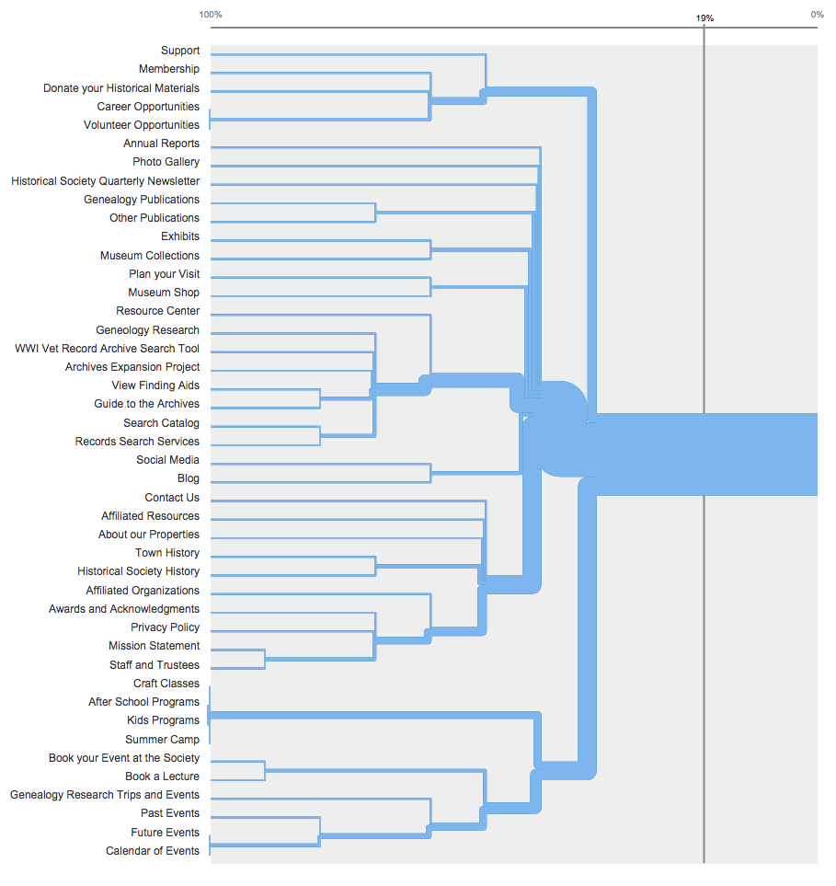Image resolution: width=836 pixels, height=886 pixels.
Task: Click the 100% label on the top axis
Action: (x=211, y=15)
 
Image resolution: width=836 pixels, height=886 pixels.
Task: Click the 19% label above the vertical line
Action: (x=704, y=18)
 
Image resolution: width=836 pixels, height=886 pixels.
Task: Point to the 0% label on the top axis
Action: (x=817, y=15)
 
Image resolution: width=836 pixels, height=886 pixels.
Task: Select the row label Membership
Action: (x=169, y=69)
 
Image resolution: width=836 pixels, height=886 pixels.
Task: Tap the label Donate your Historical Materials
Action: (x=121, y=88)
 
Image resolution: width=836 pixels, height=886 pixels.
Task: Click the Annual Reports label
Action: (x=162, y=144)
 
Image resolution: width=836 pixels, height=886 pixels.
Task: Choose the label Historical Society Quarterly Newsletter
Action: (x=106, y=181)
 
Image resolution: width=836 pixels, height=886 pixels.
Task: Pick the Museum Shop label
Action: (x=164, y=293)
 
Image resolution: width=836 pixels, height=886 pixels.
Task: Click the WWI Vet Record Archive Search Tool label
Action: (x=108, y=349)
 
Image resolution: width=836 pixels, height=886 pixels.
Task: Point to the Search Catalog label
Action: (x=162, y=423)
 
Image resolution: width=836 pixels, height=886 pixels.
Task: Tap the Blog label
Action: (x=189, y=478)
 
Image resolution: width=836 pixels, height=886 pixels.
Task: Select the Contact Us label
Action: (x=172, y=498)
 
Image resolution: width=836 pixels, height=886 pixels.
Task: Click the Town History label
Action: (x=167, y=553)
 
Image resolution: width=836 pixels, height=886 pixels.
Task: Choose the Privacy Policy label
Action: (x=166, y=627)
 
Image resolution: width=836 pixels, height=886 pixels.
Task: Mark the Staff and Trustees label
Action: (x=155, y=665)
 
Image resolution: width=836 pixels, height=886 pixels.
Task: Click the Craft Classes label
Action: (x=166, y=684)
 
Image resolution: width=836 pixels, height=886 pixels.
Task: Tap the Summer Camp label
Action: (x=163, y=740)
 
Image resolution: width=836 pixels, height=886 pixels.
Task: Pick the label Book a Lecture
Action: (x=163, y=777)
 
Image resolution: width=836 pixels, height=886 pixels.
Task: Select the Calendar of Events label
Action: (x=153, y=851)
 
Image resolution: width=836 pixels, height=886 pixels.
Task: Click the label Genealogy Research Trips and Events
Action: (x=105, y=795)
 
